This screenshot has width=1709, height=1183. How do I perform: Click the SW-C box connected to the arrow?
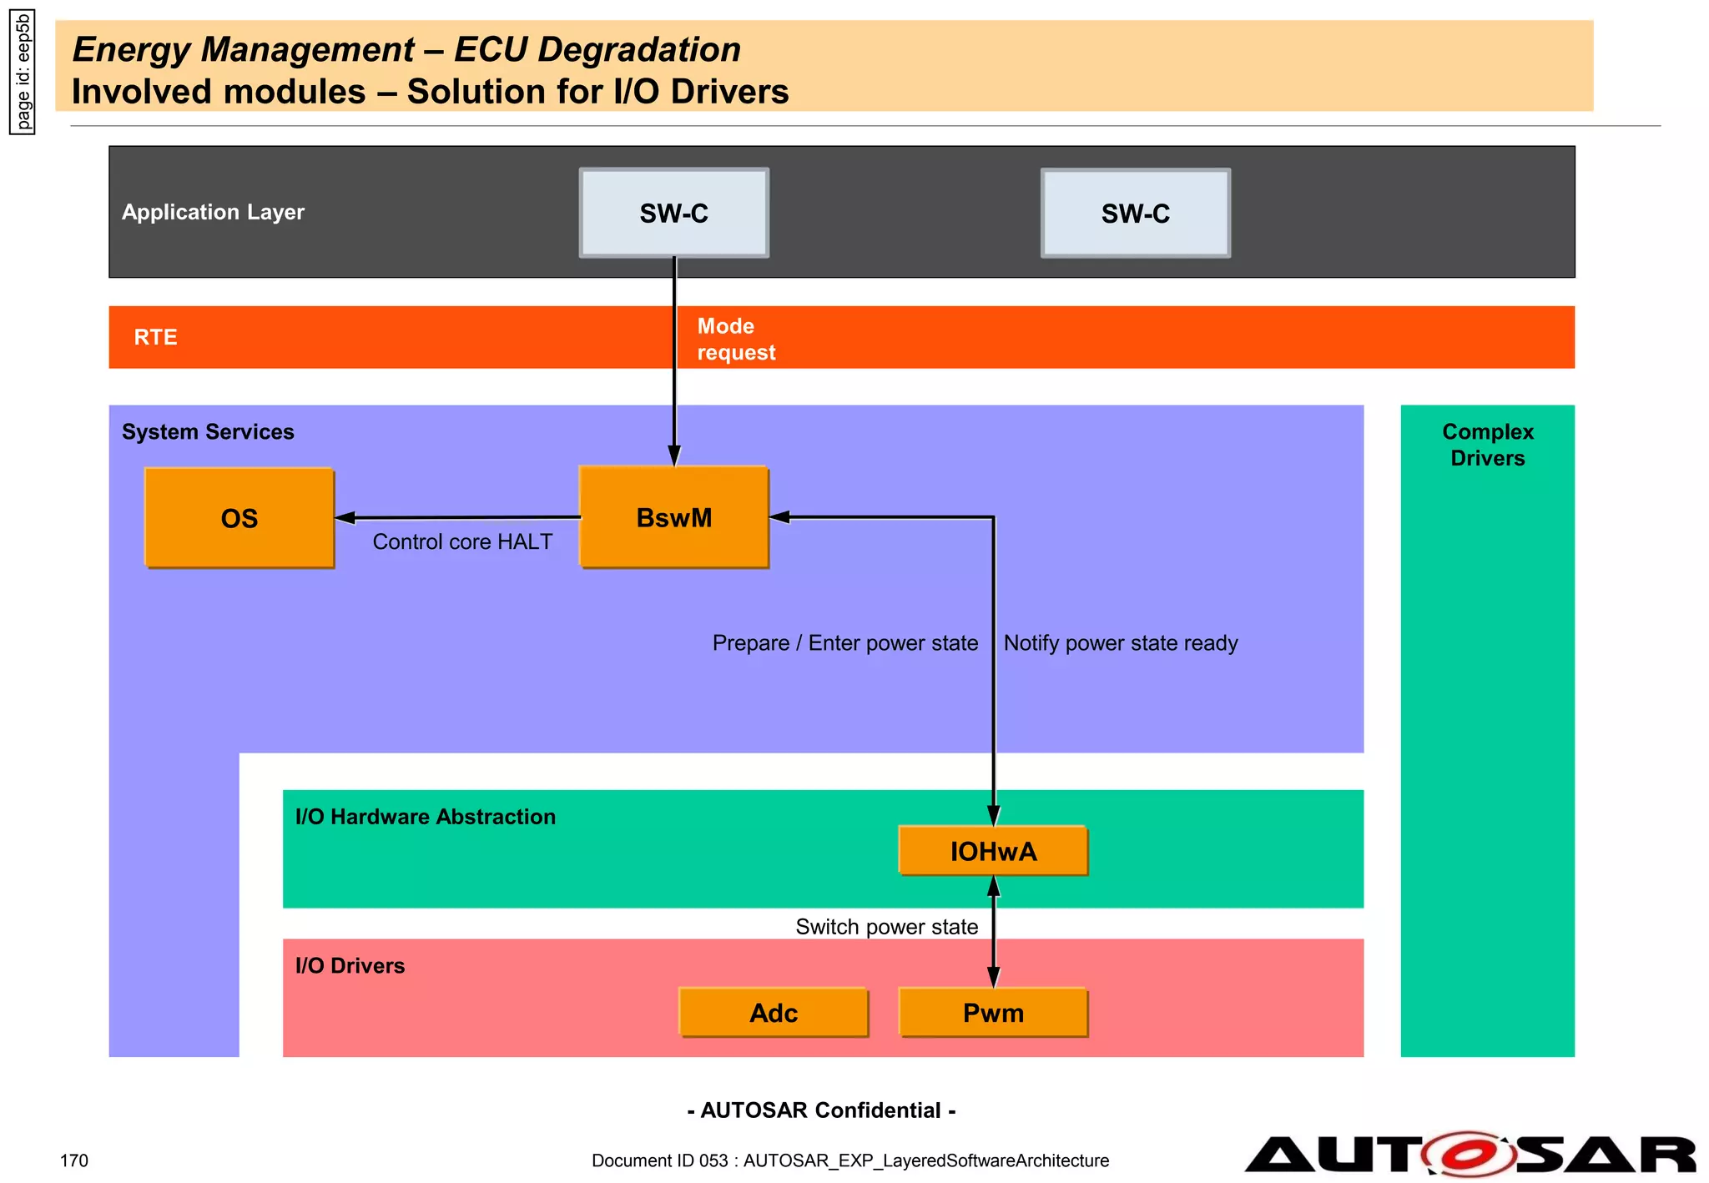673,214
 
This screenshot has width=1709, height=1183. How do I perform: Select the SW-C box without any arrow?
1135,214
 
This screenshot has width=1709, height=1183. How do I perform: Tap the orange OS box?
239,518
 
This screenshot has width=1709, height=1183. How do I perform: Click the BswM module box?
673,517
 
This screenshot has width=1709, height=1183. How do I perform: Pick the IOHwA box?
993,851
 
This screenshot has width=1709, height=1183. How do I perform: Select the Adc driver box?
774,1013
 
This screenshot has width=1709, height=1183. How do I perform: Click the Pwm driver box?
993,1013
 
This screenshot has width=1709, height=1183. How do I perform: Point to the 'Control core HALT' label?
462,541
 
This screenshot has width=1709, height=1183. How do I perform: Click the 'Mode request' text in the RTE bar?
735,339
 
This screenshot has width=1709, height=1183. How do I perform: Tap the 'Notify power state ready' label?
1120,643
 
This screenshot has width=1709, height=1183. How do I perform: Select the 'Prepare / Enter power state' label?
844,643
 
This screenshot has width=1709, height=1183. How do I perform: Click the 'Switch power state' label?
886,927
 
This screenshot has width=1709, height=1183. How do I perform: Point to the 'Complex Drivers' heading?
1487,445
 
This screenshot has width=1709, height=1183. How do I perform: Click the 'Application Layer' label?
213,212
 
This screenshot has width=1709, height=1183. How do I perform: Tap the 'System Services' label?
208,432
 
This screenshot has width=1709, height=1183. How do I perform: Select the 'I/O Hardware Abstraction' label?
425,817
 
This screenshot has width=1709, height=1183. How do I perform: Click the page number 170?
74,1160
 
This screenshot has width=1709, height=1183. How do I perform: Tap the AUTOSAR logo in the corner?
1469,1155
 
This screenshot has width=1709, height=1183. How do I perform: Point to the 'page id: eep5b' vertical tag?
23,73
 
